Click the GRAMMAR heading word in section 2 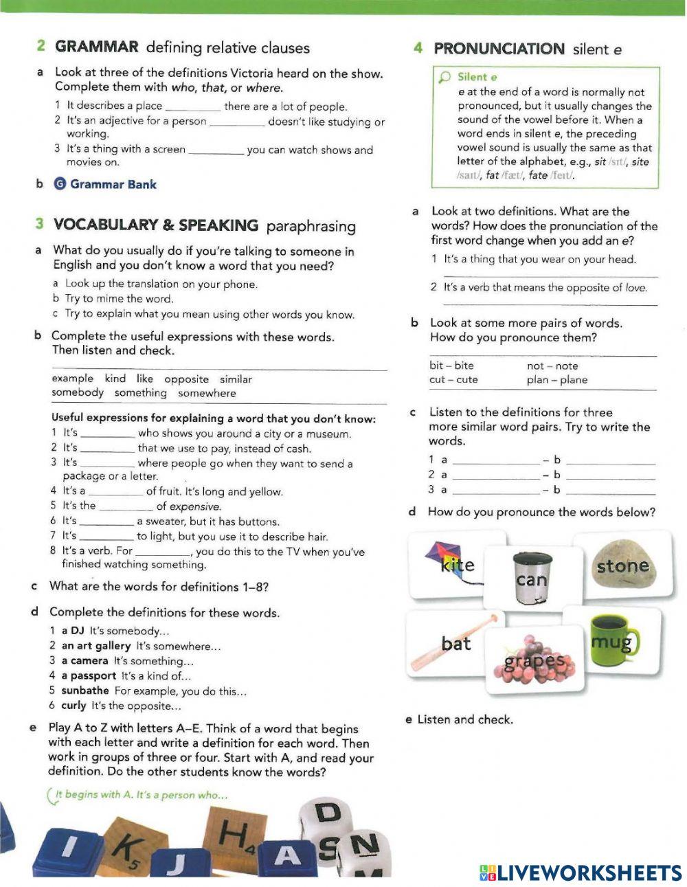[x=97, y=47]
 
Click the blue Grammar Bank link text [x=113, y=184]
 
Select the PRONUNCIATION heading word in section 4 [x=499, y=49]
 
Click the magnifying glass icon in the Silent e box [x=445, y=77]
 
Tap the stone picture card [x=622, y=565]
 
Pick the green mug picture [x=611, y=640]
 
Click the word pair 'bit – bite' [x=451, y=366]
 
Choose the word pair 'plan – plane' [x=557, y=380]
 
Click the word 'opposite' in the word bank [x=186, y=379]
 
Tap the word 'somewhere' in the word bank [x=207, y=393]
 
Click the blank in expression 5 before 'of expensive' [x=126, y=507]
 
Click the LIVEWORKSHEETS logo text [x=581, y=873]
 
